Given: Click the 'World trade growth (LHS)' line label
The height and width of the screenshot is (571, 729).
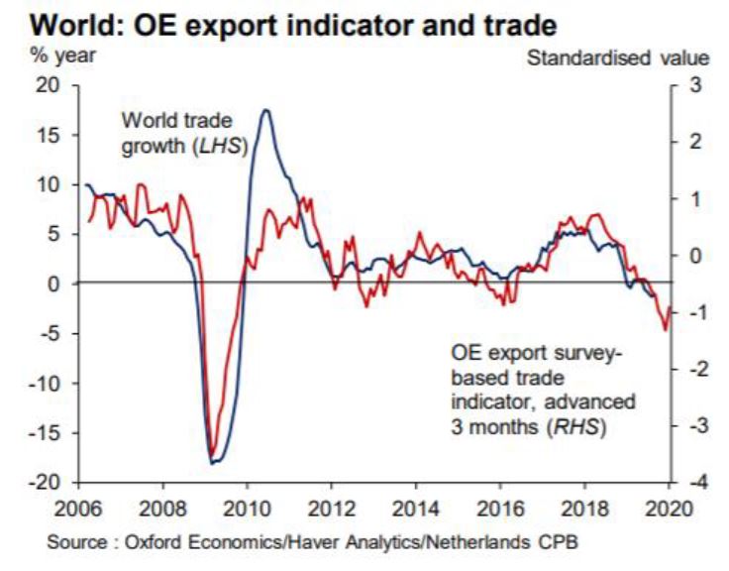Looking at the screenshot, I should [183, 134].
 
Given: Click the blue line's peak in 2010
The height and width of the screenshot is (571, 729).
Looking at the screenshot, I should [265, 110].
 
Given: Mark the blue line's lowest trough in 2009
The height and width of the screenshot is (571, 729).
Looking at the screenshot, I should [211, 462].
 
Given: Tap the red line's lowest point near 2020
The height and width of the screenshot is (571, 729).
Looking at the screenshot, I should [665, 329].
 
